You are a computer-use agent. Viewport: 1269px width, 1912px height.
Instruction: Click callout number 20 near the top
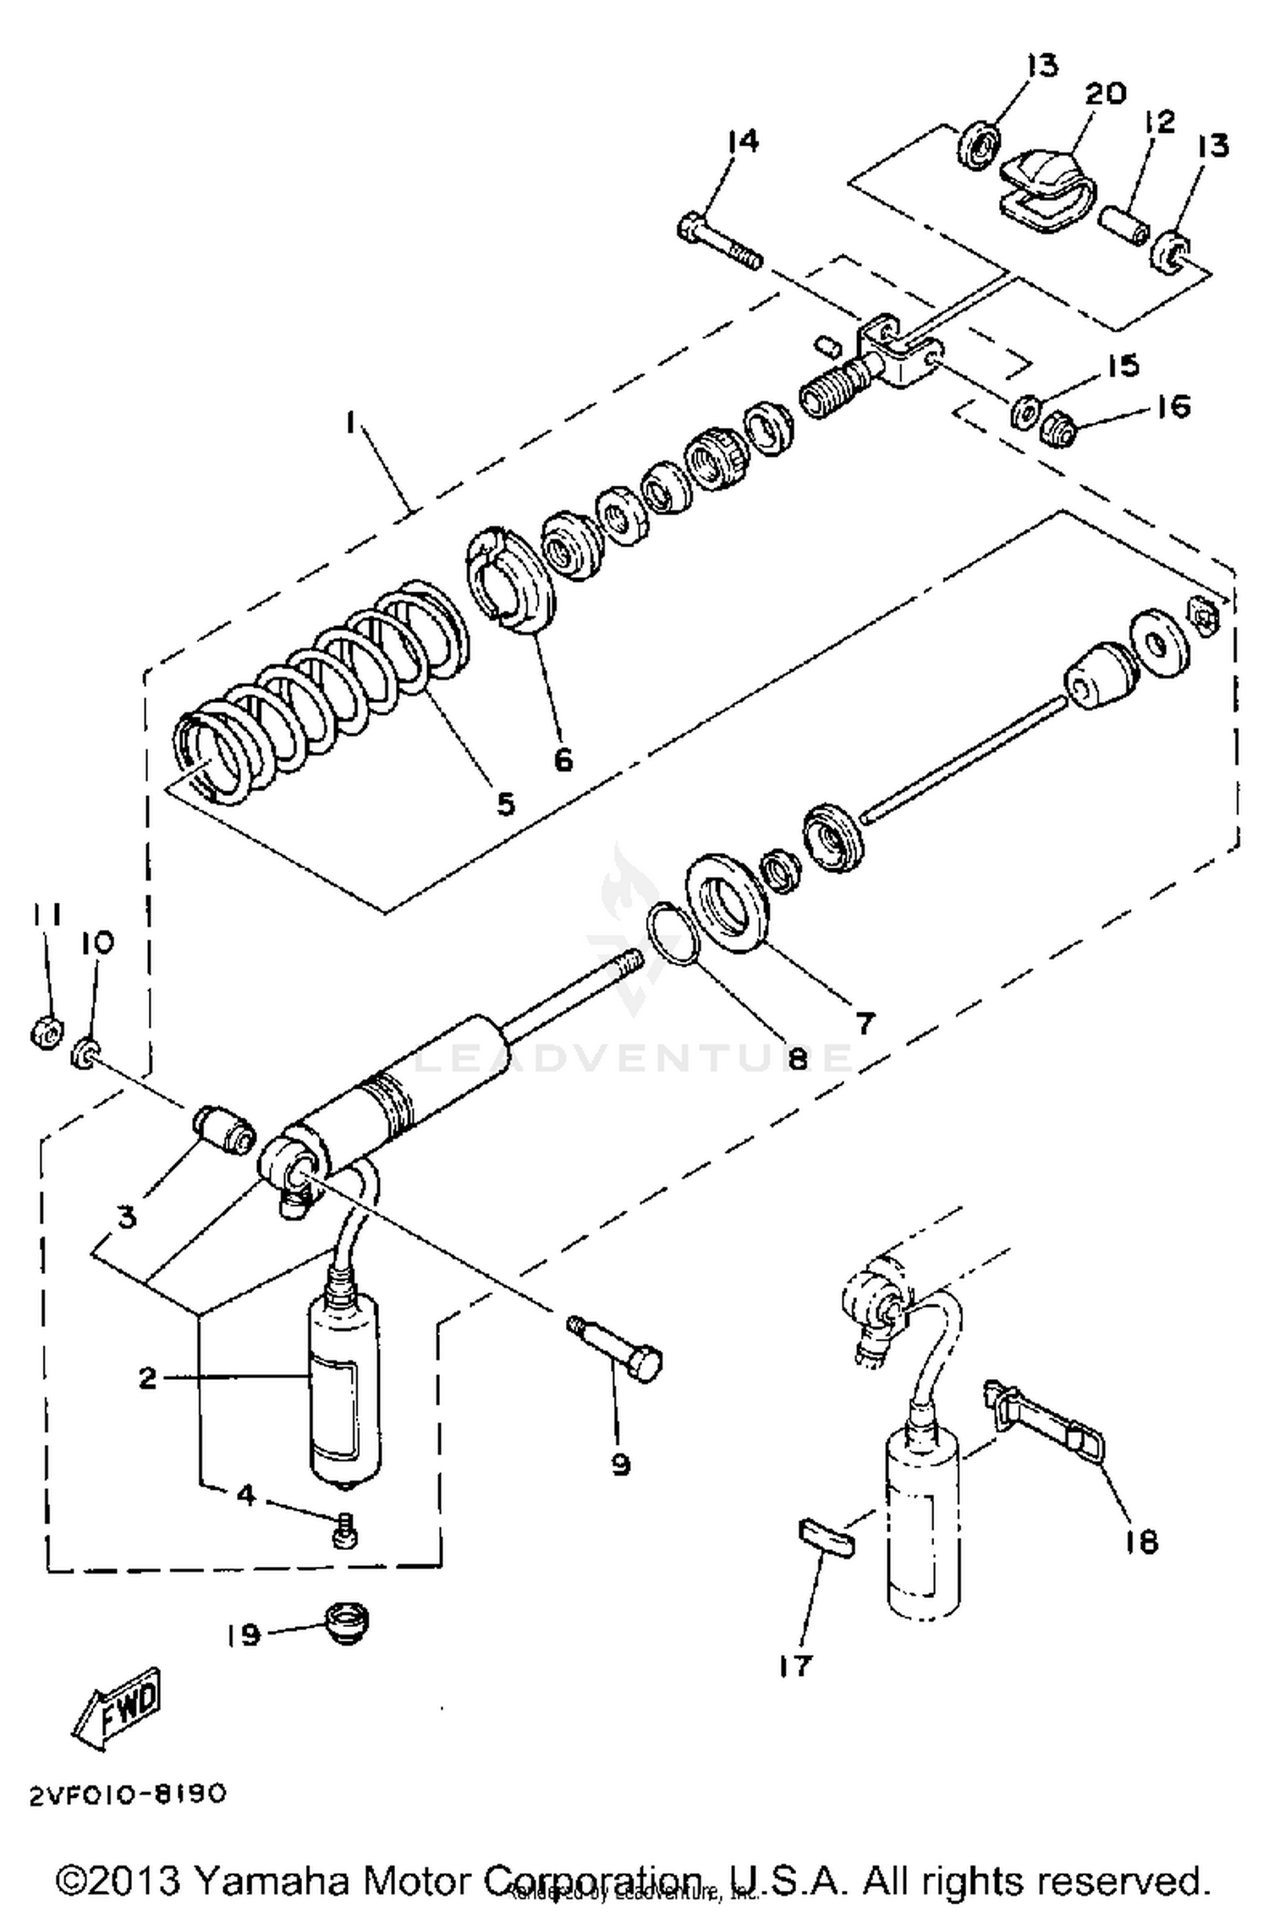1104,93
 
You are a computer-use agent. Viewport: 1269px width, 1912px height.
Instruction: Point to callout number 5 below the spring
505,803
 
